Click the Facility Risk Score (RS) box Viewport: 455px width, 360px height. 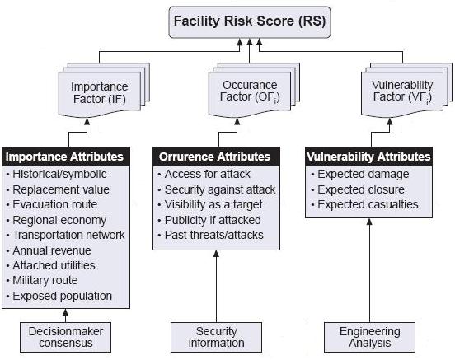[250, 22]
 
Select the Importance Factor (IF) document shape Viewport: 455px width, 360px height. [100, 94]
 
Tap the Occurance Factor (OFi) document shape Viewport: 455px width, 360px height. [250, 94]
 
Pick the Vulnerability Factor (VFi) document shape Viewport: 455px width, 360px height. [402, 94]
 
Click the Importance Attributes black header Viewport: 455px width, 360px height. [66, 157]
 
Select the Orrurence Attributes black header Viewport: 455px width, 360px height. [216, 157]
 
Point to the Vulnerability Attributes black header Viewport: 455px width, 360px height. [368, 157]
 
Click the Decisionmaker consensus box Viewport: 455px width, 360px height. [66, 337]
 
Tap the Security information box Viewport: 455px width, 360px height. [216, 337]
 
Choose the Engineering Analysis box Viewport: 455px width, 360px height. [369, 337]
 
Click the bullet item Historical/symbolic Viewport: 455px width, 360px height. [57, 174]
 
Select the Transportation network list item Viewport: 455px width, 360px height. [66, 235]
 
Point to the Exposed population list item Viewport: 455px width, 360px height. [59, 296]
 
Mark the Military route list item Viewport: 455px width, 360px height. [42, 280]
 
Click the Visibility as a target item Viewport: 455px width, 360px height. [210, 204]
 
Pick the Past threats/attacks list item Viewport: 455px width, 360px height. [211, 235]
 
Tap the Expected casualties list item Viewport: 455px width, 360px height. [365, 204]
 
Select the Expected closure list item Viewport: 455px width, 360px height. [358, 189]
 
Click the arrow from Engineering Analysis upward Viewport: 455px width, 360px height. [369, 270]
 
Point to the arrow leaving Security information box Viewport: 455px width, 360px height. [216, 287]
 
